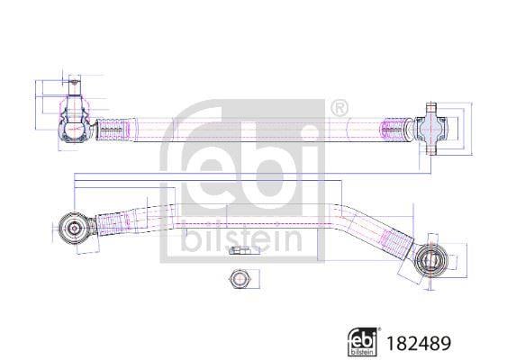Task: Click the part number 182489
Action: click(x=419, y=343)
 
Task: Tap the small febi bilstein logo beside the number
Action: click(x=363, y=342)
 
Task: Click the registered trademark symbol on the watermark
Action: click(x=340, y=109)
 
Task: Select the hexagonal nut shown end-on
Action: click(x=238, y=278)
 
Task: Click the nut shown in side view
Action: click(x=238, y=250)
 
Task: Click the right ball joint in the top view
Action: click(x=431, y=129)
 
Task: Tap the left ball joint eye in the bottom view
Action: click(x=74, y=229)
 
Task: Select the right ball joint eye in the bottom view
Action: click(x=430, y=260)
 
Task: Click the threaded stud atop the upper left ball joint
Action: click(x=75, y=85)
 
